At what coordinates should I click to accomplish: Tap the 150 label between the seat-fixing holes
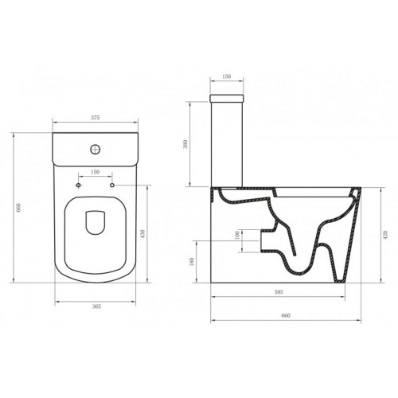point(95,171)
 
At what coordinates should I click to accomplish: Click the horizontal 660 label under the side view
point(286,315)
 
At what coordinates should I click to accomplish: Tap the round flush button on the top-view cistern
point(96,147)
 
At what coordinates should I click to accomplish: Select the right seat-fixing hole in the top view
point(112,184)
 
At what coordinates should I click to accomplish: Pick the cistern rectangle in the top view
point(95,149)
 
